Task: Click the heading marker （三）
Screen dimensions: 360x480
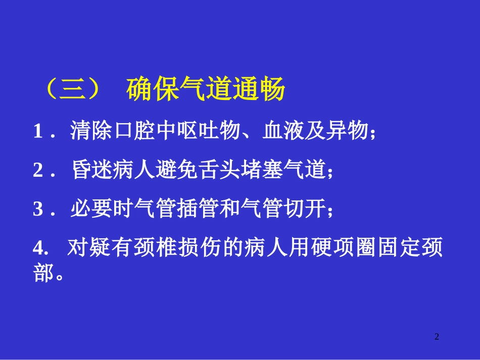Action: (72, 90)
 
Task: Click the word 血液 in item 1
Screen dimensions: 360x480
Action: (283, 132)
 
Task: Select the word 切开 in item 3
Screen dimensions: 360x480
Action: (303, 209)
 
